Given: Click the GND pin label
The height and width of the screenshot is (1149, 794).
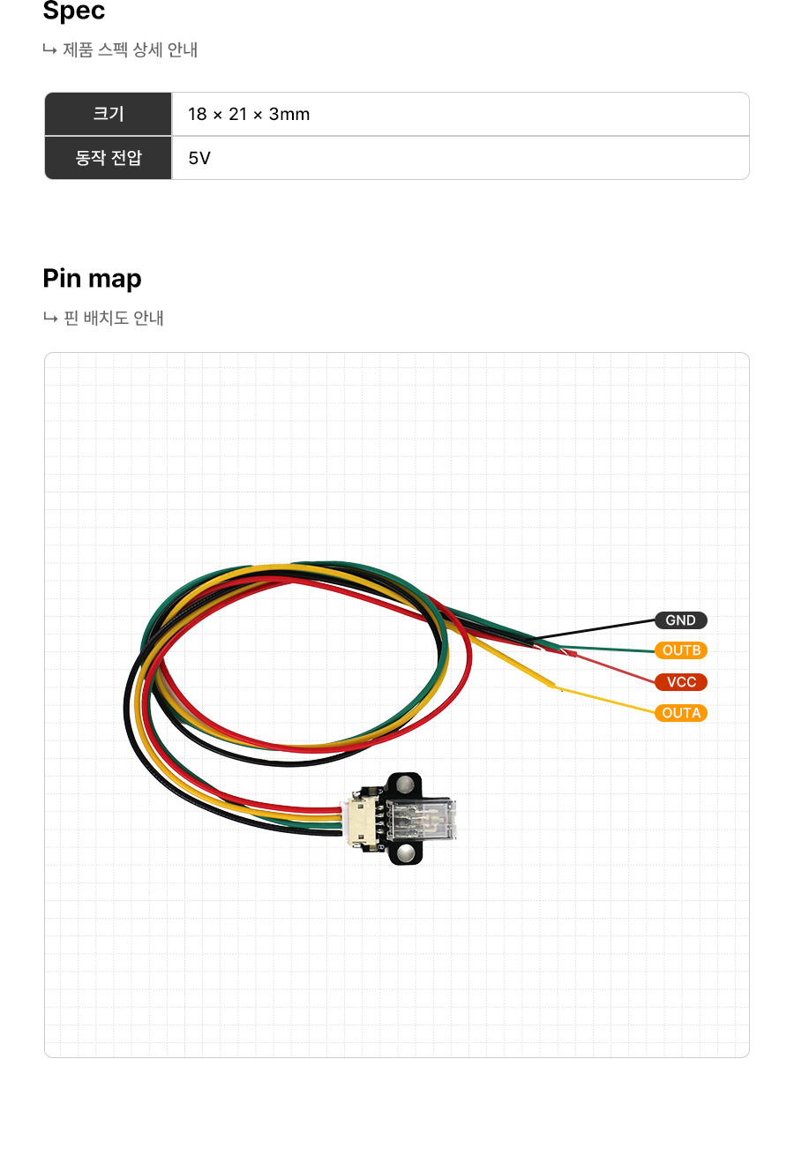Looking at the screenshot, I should coord(680,620).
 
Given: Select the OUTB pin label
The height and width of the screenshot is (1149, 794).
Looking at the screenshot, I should coord(680,651).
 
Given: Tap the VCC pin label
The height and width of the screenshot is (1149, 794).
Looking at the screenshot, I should coord(680,682).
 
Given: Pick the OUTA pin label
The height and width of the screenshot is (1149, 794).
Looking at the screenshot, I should coord(680,713).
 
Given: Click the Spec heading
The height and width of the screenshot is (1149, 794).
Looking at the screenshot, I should coord(74,11).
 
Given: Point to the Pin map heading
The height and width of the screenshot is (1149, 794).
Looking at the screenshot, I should coord(92,279).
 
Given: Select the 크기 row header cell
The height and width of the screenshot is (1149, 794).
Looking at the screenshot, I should coord(109,114).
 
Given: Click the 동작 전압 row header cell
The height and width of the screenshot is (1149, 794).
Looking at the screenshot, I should coord(109,158).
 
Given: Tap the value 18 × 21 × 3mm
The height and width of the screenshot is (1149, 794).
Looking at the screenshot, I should coord(249,114).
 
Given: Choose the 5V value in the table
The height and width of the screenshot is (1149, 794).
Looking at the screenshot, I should coord(199,159).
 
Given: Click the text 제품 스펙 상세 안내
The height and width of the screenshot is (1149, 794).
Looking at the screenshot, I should coord(130,50).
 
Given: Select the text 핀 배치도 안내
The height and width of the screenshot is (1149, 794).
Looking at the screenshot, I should coord(114,318).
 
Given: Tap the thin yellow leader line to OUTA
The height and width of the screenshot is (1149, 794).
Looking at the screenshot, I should coord(609,701).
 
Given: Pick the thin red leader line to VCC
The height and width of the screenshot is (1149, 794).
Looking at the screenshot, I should coord(618,668).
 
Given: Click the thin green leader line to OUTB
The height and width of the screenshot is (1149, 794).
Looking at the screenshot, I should coord(618,650).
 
